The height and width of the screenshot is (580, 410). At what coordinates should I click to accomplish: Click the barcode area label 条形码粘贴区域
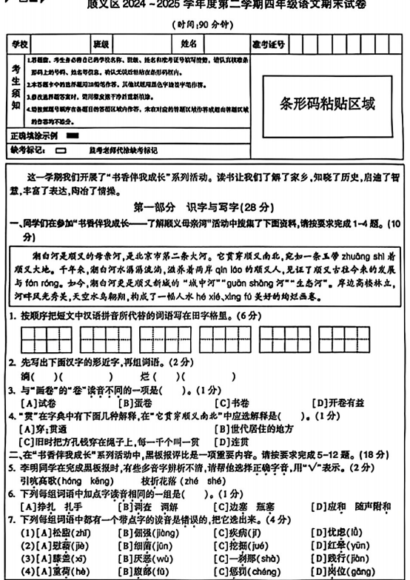[x=327, y=104]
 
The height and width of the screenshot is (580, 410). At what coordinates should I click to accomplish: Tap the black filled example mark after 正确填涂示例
[x=72, y=136]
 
